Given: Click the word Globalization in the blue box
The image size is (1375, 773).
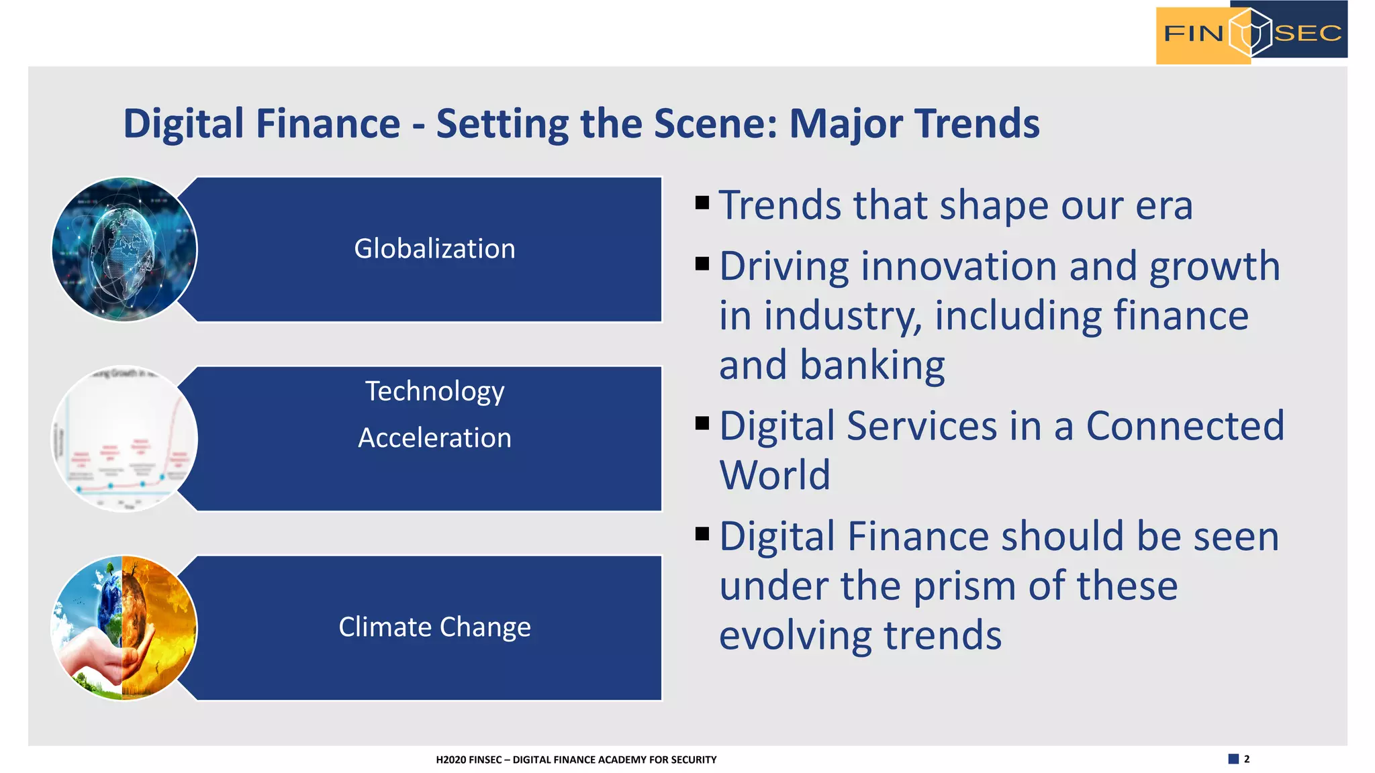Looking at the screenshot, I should [x=434, y=249].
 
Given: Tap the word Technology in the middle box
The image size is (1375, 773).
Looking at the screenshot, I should [x=434, y=392].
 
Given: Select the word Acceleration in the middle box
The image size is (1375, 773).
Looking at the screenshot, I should [x=434, y=438].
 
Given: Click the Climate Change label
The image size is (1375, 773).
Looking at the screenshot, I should [x=434, y=627].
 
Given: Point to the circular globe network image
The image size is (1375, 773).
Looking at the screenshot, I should [x=124, y=249].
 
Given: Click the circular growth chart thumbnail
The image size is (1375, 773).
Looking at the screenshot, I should [x=124, y=439].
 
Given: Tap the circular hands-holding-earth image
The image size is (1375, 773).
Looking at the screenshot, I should [x=124, y=628].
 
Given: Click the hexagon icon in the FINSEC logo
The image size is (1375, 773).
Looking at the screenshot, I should [x=1250, y=32].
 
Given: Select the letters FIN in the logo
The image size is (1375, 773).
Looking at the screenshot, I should [x=1193, y=33].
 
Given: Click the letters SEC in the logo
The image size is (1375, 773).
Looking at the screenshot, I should [x=1308, y=33].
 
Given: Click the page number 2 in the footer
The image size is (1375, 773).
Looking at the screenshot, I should [x=1247, y=759].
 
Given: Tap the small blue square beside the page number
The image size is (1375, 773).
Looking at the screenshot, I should [x=1233, y=759].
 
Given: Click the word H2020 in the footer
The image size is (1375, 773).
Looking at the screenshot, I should [x=451, y=760].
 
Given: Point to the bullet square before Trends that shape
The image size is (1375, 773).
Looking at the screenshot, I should [x=702, y=203].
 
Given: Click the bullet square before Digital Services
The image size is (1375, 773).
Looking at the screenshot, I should [x=702, y=423].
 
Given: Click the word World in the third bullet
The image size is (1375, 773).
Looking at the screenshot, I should [x=775, y=476].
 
